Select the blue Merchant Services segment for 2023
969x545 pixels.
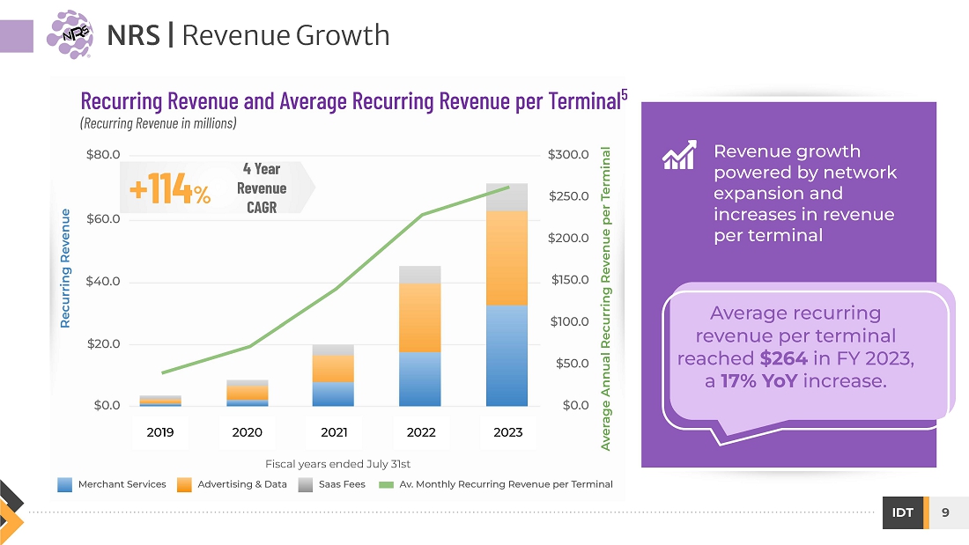point(507,356)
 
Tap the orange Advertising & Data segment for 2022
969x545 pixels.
point(420,318)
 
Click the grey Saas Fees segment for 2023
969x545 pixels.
point(507,198)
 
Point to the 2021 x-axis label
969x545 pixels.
point(334,432)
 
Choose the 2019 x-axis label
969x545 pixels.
point(160,432)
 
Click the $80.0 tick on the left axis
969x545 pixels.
point(103,155)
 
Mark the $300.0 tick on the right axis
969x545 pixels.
point(568,155)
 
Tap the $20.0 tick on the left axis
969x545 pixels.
point(103,343)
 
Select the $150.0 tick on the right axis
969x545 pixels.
point(568,280)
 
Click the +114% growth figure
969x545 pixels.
point(169,189)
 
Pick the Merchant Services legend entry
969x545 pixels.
point(112,484)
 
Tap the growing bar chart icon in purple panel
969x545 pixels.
point(679,155)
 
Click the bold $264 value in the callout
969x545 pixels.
point(782,359)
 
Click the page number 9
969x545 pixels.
point(945,513)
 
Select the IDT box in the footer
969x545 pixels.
point(903,513)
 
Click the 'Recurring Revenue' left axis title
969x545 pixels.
point(65,269)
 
